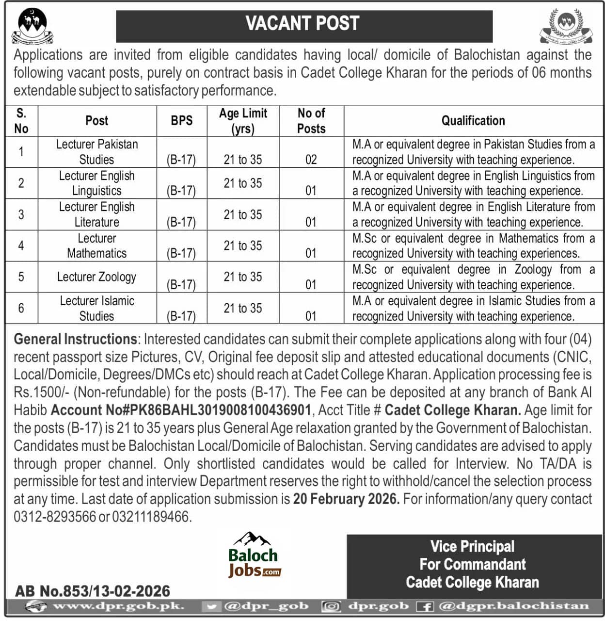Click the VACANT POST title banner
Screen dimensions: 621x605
304,24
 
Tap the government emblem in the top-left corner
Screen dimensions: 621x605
32,26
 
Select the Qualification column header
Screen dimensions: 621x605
473,121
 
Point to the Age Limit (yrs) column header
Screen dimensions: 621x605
243,121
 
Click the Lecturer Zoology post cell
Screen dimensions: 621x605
96,277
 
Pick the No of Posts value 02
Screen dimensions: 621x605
311,160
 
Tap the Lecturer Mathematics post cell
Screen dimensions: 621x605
96,246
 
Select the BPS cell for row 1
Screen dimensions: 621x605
181,160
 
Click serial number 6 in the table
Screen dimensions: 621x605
21,309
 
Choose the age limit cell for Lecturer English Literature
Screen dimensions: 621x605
243,214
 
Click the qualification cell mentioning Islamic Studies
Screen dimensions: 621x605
473,309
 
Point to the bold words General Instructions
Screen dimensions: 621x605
76,339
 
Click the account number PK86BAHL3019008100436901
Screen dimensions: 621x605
181,410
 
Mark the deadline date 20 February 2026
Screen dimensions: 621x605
346,499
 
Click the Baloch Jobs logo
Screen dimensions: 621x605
254,556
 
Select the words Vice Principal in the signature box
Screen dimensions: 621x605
472,547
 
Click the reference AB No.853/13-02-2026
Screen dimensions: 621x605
93,591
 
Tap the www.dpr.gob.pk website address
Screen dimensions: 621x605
118,606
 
